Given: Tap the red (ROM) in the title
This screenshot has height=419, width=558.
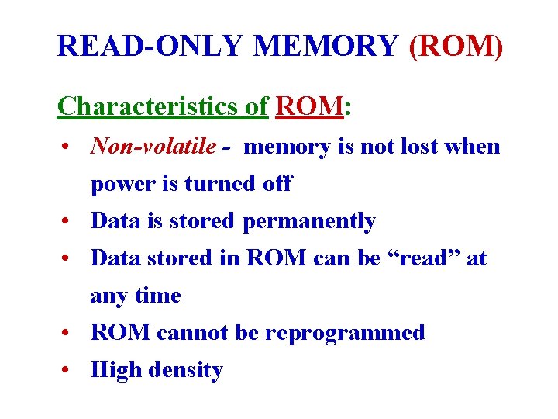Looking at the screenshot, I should tap(456, 47).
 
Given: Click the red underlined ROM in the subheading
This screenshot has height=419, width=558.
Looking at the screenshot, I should tap(308, 106).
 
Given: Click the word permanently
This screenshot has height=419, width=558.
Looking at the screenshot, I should tap(308, 221).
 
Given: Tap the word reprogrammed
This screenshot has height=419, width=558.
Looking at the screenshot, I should tap(345, 333).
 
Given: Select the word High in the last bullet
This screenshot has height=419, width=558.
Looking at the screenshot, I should tap(115, 370).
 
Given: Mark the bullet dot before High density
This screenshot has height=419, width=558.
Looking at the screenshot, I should tap(70, 371).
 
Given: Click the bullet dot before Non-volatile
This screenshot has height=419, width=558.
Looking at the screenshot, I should tap(70, 147).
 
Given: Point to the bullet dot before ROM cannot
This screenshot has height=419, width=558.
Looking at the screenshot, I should tap(70, 334).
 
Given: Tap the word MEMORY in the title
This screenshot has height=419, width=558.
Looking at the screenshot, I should tap(325, 47).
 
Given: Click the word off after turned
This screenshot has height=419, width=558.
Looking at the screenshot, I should tap(277, 184).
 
